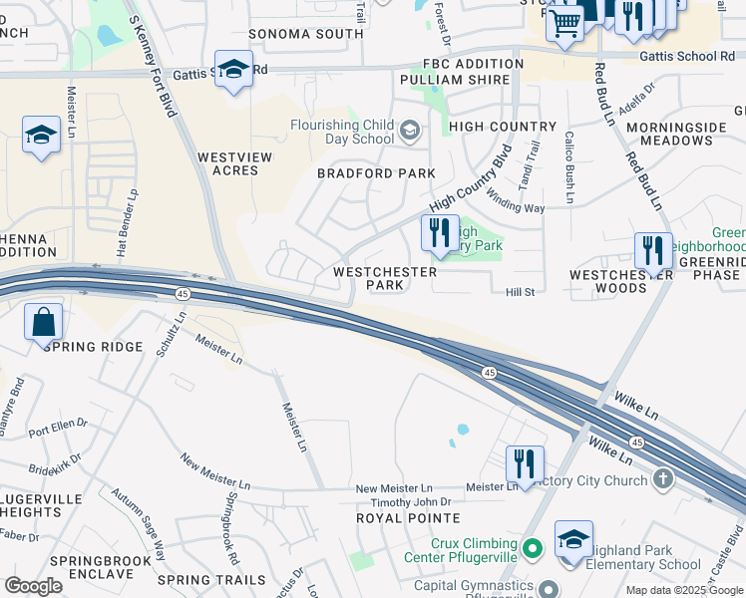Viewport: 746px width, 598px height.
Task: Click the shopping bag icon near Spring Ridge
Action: (44, 322)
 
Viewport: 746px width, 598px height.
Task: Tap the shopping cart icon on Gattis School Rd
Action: (565, 22)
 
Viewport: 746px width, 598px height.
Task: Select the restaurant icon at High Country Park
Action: (440, 233)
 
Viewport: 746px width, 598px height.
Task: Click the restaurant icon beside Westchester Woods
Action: (653, 250)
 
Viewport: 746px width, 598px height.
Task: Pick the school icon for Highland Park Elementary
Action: (574, 539)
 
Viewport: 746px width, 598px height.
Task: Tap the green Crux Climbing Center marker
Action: (533, 548)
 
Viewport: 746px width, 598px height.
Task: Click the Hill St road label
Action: (521, 292)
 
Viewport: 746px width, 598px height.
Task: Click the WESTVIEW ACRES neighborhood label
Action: (227, 163)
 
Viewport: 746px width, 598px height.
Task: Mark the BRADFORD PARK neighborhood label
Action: (376, 173)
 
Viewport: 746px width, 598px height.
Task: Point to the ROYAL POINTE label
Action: (409, 518)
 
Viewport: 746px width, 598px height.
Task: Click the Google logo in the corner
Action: (34, 585)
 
